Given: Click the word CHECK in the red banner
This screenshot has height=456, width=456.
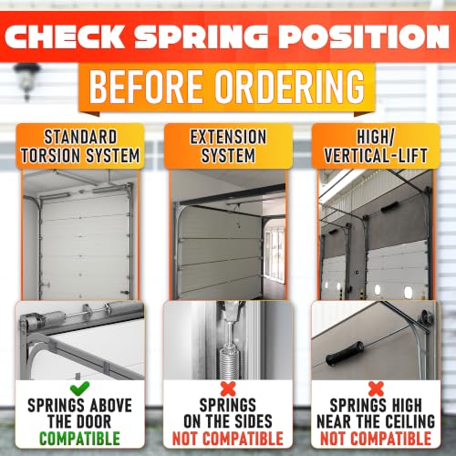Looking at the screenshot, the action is tap(65, 36).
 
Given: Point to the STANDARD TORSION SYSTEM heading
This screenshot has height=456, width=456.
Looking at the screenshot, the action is tap(80, 146).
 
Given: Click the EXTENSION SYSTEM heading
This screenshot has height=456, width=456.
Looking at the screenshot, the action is tap(228, 146).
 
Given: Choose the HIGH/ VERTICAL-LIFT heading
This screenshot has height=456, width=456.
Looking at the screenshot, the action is tap(376, 146).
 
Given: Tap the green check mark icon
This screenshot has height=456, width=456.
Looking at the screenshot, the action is tap(79, 389).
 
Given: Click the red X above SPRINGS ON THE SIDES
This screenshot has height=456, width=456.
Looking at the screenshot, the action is tap(228, 389).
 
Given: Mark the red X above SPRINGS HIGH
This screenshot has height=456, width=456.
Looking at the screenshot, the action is tap(376, 389).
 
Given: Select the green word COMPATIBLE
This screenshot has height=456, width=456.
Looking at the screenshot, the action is tap(79, 439).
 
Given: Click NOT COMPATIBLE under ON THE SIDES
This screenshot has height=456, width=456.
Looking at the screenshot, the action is tap(228, 439).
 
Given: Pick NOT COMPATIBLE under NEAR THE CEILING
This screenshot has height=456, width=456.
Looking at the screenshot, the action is tap(376, 439).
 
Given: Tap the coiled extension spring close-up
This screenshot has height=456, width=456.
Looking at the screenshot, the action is tap(229, 363).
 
